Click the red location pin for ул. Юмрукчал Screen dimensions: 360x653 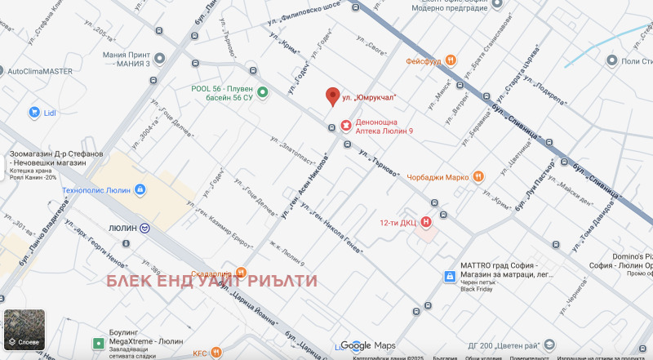tap(332, 96)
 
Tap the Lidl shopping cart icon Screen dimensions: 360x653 tap(35, 112)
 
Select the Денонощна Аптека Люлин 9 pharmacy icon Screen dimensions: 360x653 tap(346, 126)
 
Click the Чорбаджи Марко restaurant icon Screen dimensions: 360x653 tap(479, 176)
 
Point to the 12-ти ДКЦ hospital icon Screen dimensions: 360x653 tap(426, 221)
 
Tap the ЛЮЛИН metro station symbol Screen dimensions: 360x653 tap(144, 229)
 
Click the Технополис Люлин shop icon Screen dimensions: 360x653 tap(140, 190)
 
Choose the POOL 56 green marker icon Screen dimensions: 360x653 tap(263, 93)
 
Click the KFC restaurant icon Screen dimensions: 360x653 tap(215, 352)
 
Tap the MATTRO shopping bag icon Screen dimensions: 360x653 tap(448, 277)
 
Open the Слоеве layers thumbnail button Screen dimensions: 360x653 tap(23, 331)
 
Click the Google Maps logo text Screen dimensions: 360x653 tap(368, 345)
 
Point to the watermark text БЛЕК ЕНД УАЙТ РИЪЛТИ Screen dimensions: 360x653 tap(212, 282)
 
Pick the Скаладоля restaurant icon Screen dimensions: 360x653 tap(241, 273)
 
